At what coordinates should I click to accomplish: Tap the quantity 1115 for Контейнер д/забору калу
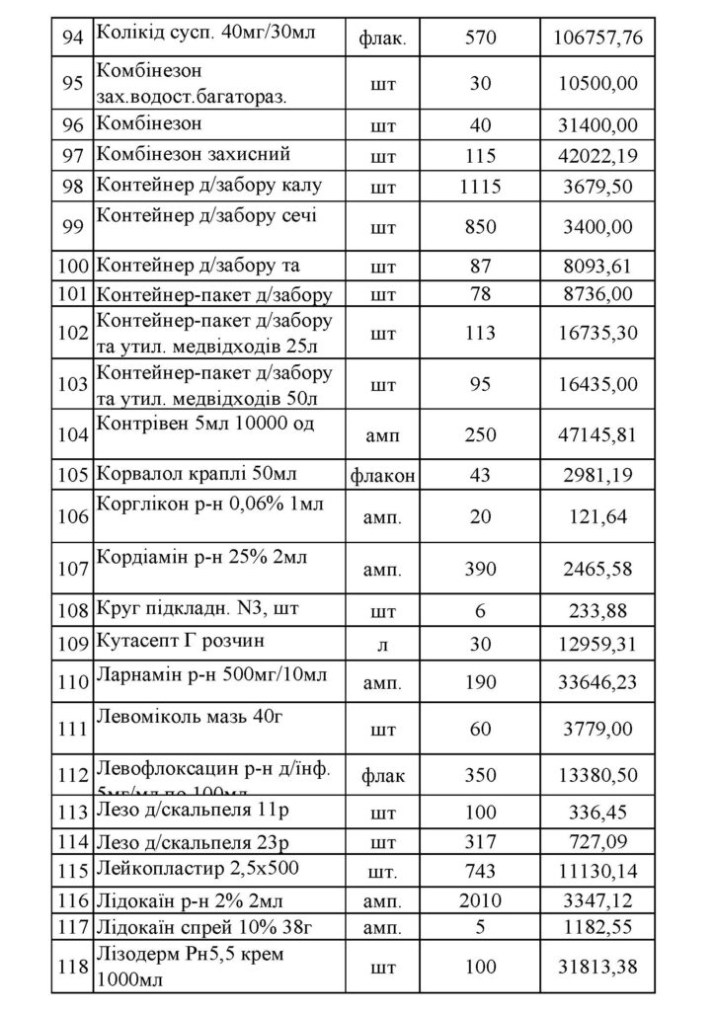480,187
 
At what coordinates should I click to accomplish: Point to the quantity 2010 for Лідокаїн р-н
480,899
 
